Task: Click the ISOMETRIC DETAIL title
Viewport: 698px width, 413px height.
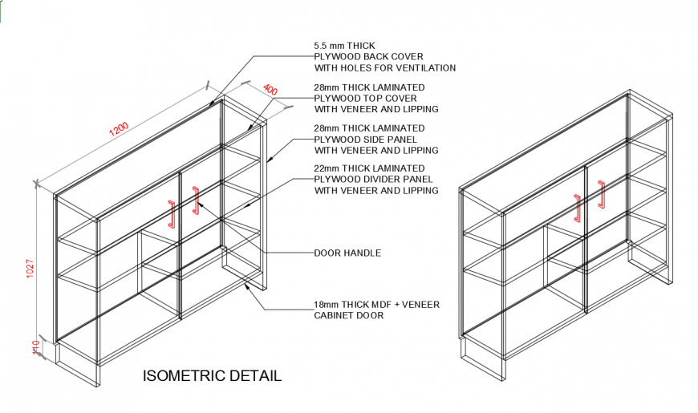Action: pyautogui.click(x=212, y=375)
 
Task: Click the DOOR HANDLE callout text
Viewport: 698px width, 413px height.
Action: pyautogui.click(x=347, y=253)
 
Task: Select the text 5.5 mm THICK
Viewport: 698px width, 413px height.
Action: pyautogui.click(x=344, y=46)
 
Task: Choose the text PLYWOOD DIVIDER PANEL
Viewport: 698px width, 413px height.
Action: pyautogui.click(x=373, y=179)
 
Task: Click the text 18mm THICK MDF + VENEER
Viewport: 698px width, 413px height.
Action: pyautogui.click(x=376, y=305)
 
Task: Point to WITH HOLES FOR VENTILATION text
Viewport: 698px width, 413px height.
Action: pyautogui.click(x=385, y=68)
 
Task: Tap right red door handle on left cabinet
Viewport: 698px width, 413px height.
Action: pyautogui.click(x=196, y=200)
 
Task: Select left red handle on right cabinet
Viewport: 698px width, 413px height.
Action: pyautogui.click(x=576, y=207)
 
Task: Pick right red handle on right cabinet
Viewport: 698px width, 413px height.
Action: pyautogui.click(x=601, y=194)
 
